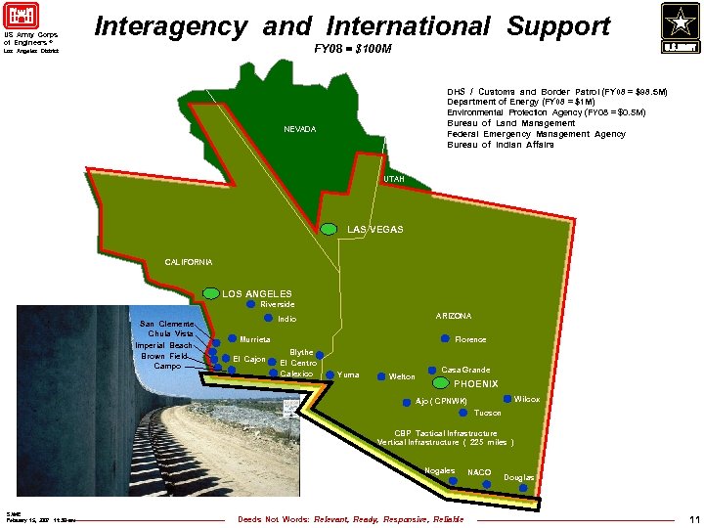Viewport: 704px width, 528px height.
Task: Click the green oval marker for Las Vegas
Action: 331,229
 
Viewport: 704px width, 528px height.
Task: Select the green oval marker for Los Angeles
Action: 210,292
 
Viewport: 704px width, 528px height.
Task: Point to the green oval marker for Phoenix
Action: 440,383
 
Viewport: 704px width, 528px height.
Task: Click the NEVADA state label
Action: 300,130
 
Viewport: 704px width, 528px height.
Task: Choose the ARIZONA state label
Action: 453,316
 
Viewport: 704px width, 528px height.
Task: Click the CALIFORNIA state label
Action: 188,262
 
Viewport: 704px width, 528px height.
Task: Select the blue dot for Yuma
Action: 330,374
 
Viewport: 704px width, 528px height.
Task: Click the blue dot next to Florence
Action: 445,339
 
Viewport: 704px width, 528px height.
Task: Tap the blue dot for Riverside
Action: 250,304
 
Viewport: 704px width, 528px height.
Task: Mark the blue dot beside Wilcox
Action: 506,399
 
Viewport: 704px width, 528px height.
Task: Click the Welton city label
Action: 402,376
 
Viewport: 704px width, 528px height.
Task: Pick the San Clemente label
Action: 166,324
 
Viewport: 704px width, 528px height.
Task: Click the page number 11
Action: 694,519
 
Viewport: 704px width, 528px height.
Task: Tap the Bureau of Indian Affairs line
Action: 501,145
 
